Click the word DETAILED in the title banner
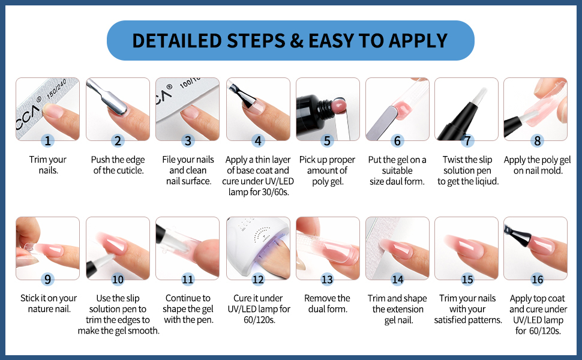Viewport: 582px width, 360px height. tap(176, 40)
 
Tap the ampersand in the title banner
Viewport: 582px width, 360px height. tap(296, 41)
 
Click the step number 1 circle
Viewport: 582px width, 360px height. tap(47, 140)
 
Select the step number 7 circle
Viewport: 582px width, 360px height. tap(467, 140)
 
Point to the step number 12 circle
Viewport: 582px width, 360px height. tap(258, 279)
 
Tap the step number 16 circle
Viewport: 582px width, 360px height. tap(537, 279)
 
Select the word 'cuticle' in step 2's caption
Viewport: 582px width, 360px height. tap(131, 170)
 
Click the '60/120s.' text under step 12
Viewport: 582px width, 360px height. tap(259, 320)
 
